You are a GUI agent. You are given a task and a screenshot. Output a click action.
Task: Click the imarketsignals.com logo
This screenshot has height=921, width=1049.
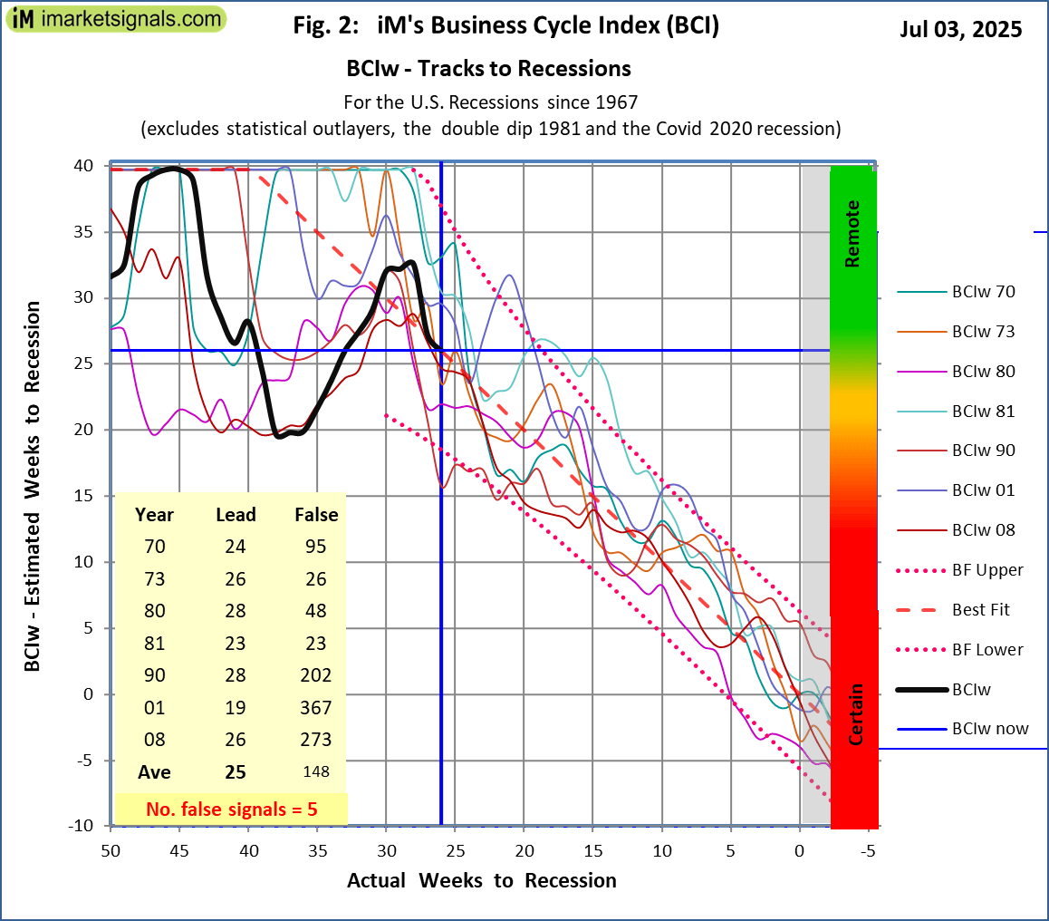[115, 18]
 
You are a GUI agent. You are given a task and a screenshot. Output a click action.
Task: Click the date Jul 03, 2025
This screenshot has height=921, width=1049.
[960, 29]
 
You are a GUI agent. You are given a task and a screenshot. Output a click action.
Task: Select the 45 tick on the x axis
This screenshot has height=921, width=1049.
[179, 851]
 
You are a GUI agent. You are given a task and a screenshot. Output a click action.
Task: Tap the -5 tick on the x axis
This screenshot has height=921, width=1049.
[868, 851]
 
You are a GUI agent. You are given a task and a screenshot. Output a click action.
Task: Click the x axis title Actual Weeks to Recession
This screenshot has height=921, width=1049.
[481, 880]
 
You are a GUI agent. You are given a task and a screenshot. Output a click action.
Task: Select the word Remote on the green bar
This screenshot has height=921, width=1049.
[852, 234]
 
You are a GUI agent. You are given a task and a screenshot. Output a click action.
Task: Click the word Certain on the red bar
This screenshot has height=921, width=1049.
[854, 714]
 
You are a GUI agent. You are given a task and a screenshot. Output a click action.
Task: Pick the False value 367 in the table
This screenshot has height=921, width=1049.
[316, 707]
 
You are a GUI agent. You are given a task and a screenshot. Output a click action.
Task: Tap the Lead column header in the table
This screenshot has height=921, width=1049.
[236, 515]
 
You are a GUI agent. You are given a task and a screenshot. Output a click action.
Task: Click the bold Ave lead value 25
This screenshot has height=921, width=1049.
[236, 772]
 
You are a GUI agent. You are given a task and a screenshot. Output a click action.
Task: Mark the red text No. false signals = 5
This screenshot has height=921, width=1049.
[232, 808]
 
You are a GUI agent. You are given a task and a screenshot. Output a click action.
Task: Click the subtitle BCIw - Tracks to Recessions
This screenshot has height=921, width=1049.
[488, 69]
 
